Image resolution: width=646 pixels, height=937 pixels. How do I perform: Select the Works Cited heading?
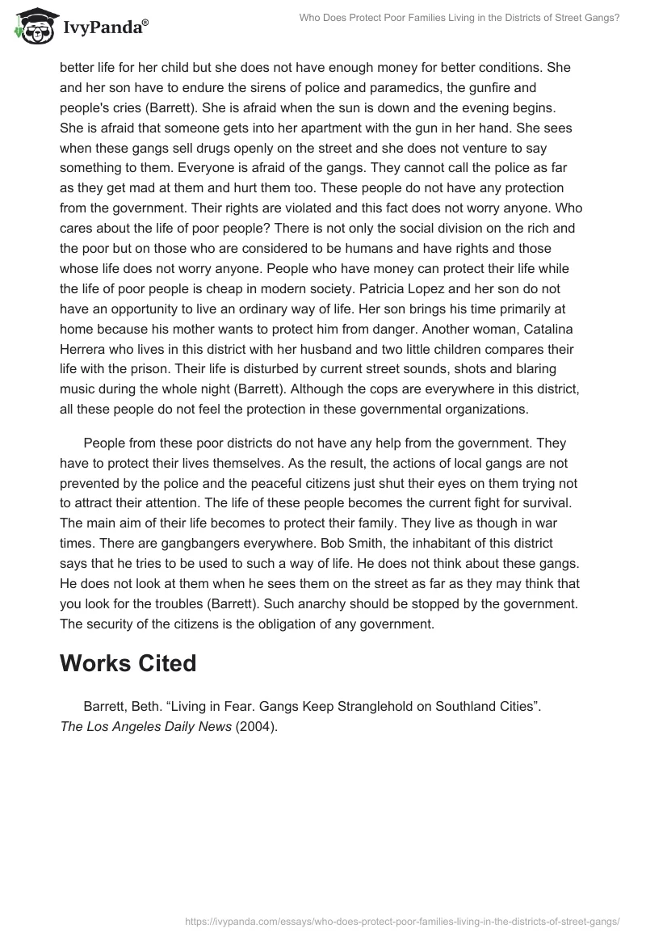[128, 662]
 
